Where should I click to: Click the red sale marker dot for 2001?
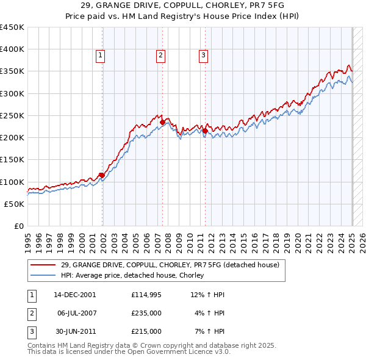[101, 175]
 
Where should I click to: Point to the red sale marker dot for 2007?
[162, 122]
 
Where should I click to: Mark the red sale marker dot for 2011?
[205, 131]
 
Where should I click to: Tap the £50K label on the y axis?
[15, 204]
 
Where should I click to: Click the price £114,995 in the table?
[146, 295]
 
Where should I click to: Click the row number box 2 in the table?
[31, 313]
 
